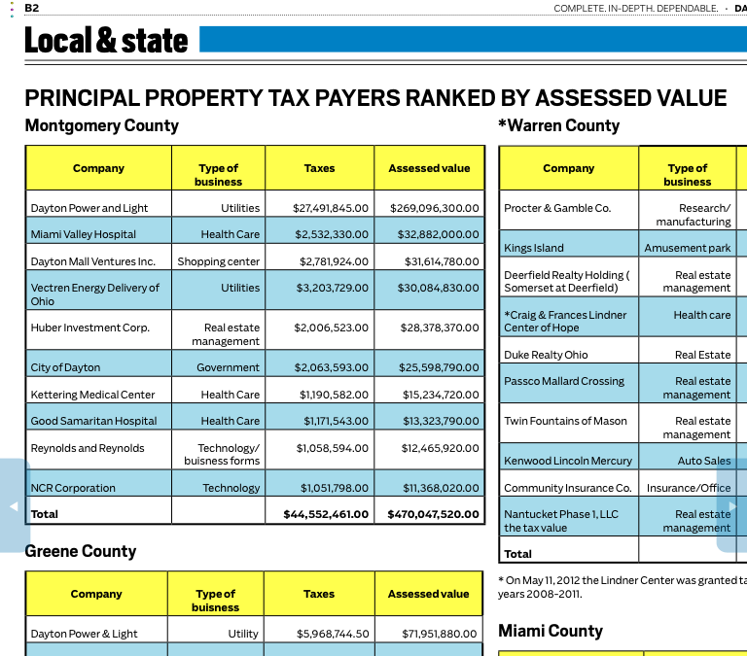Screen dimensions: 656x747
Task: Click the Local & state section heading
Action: tap(106, 40)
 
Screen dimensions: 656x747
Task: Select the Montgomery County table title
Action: tap(102, 125)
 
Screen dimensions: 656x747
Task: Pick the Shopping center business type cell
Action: tap(218, 261)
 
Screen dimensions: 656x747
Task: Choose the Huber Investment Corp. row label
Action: tap(90, 328)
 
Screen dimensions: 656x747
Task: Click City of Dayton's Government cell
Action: tap(228, 367)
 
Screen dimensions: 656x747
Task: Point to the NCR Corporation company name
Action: tap(73, 488)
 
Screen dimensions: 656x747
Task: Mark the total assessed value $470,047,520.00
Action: tap(433, 514)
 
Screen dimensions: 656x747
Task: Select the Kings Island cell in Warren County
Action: tap(534, 248)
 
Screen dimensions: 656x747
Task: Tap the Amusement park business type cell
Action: tap(687, 248)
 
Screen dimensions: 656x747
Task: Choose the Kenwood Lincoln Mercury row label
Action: tap(568, 461)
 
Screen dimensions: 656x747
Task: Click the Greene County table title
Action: tap(81, 551)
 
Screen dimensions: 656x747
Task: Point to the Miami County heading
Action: tap(551, 631)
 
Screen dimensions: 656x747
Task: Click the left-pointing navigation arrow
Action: tap(14, 506)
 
